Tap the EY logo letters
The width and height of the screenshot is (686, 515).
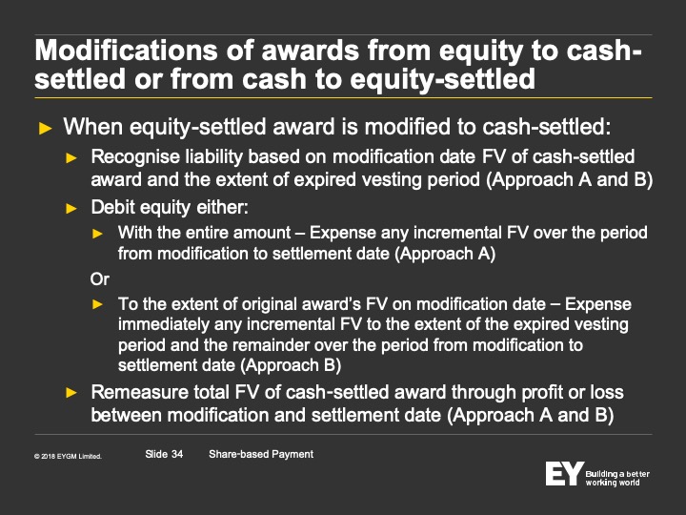pyautogui.click(x=564, y=473)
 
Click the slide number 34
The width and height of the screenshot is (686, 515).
pyautogui.click(x=177, y=454)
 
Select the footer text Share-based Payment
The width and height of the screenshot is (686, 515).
pyautogui.click(x=261, y=454)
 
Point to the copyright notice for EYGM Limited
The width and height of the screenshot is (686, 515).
pyautogui.click(x=68, y=456)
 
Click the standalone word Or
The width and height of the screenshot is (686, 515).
pyautogui.click(x=100, y=278)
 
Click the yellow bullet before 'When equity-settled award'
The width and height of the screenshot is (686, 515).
pyautogui.click(x=46, y=129)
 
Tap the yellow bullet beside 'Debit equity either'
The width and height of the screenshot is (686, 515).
pyautogui.click(x=71, y=209)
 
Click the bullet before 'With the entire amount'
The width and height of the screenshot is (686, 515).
pyautogui.click(x=97, y=234)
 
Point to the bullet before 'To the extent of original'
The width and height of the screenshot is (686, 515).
pyautogui.click(x=97, y=304)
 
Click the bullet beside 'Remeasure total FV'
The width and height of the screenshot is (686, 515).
pyautogui.click(x=71, y=392)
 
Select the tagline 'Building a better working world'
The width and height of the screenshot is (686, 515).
pyautogui.click(x=617, y=478)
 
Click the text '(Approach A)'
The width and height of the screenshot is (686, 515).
pyautogui.click(x=445, y=254)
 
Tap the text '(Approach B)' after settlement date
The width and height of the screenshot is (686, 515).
pyautogui.click(x=291, y=365)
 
